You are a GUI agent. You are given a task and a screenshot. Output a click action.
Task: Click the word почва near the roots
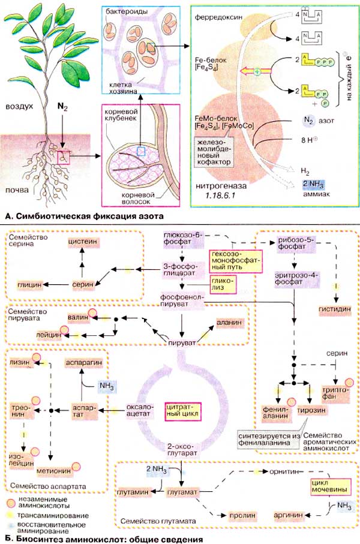(16, 190)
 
